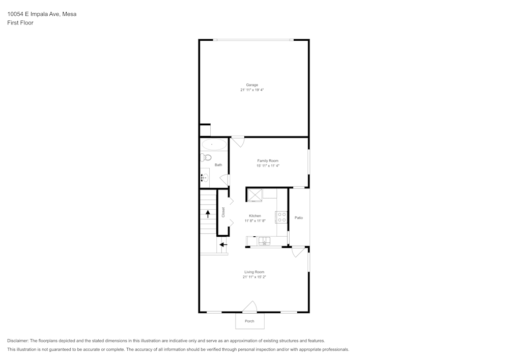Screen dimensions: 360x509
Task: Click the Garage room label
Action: click(252, 85)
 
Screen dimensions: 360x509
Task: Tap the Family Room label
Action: click(268, 161)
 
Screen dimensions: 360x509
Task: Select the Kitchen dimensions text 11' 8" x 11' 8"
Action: click(255, 220)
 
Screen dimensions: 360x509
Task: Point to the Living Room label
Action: click(254, 272)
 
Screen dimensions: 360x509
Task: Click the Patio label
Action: click(299, 218)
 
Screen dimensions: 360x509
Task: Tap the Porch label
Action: click(249, 321)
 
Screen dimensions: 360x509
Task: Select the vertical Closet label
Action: click(223, 212)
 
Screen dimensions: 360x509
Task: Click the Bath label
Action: click(218, 165)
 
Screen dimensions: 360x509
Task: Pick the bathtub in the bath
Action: click(214, 145)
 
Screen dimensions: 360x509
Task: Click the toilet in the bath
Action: click(206, 157)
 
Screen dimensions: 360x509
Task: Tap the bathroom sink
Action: click(204, 178)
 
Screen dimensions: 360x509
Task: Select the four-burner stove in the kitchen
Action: click(282, 217)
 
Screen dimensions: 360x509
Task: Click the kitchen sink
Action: click(264, 241)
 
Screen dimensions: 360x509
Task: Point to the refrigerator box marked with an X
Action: click(254, 194)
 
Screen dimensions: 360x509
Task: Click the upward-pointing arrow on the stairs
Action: click(208, 214)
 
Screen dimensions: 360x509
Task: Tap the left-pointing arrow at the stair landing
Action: click(223, 245)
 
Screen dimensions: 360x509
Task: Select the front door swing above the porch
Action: click(249, 307)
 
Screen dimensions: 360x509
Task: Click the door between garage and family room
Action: click(238, 141)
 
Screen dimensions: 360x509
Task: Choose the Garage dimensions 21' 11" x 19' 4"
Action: click(252, 90)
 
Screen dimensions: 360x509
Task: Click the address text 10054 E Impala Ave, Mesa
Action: click(42, 14)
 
